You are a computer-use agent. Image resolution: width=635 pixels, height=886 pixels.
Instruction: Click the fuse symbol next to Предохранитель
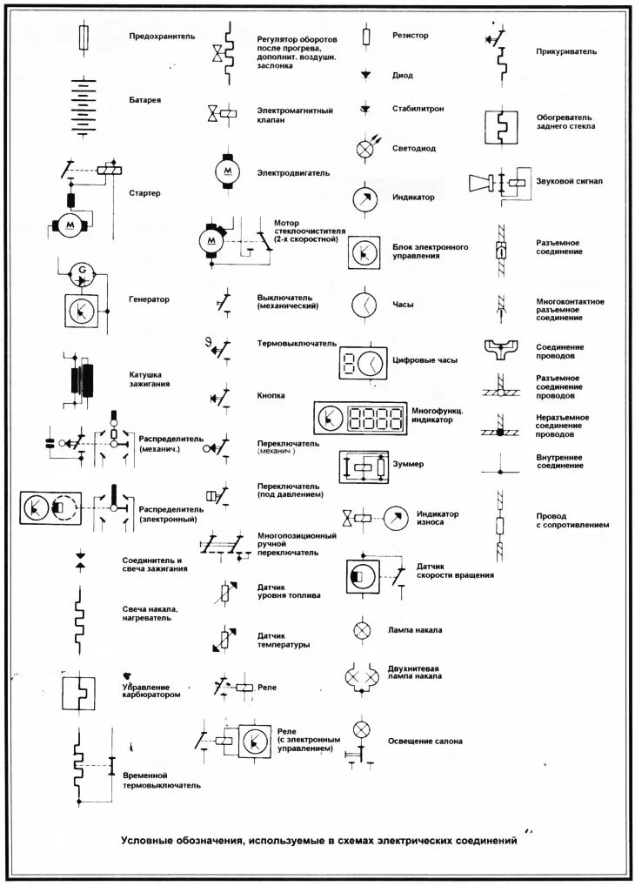coord(83,37)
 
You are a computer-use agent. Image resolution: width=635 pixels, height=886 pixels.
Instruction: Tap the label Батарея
coord(145,100)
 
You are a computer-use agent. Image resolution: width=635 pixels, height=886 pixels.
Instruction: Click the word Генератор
coord(150,299)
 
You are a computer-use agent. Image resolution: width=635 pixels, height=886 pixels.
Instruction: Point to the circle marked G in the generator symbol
coord(82,272)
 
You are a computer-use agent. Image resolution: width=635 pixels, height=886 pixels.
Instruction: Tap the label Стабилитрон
coord(418,109)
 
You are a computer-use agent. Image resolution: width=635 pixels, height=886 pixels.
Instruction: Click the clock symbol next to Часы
coord(364,305)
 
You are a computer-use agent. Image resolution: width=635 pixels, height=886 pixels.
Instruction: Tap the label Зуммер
coord(408,465)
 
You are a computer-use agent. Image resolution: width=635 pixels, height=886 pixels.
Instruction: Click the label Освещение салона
coord(425,742)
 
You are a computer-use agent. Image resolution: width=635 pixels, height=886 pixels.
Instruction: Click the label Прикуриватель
coord(566,52)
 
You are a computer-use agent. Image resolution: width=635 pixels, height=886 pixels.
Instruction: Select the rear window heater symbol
coord(500,126)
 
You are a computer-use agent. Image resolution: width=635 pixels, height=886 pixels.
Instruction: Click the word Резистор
coord(411,35)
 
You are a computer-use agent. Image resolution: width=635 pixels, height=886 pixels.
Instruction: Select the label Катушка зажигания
coord(150,379)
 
